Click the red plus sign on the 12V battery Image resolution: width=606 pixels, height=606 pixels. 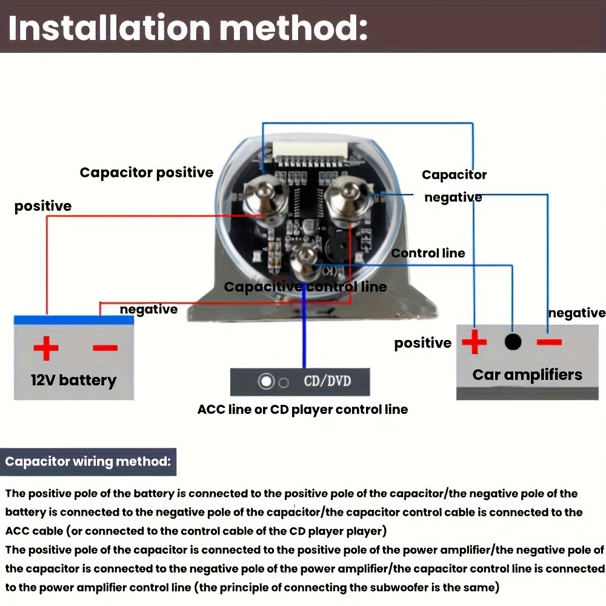pos(46,348)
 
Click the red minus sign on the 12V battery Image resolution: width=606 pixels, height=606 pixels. pos(105,348)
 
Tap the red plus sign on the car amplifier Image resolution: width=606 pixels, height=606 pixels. pos(474,342)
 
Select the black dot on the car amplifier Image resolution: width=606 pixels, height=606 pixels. pos(513,342)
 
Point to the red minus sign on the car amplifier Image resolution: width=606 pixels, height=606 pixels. pos(549,342)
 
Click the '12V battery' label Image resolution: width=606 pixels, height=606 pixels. pos(73,381)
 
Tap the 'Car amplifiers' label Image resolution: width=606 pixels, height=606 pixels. pos(527,375)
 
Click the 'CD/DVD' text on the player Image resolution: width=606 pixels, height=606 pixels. pos(327,382)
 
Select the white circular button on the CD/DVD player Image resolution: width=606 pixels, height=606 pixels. pos(266,382)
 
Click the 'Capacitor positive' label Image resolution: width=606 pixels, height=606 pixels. pos(147,173)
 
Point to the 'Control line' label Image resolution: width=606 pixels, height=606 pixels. pos(428,253)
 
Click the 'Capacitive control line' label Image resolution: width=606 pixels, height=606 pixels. pos(305,287)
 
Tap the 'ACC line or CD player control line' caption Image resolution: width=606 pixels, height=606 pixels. pos(302,410)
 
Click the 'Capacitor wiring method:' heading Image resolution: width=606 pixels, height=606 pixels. pos(87,462)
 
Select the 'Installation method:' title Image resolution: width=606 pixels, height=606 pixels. pos(188,28)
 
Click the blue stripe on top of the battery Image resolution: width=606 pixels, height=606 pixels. pos(74,320)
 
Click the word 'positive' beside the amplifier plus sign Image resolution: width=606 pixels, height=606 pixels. pos(423,344)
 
